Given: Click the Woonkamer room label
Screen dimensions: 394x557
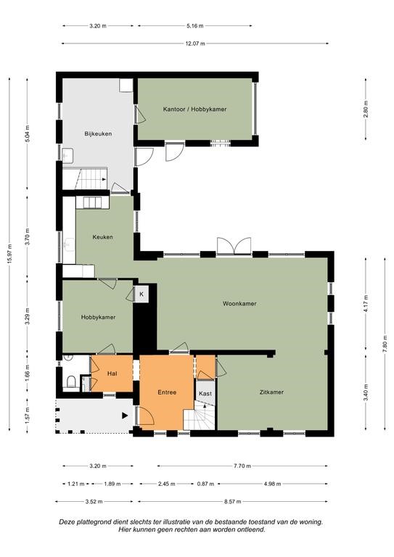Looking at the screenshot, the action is coord(239,304).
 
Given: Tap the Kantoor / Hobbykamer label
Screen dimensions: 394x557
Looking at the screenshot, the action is coord(194,110).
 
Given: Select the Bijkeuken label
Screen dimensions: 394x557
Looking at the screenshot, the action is coord(98,134).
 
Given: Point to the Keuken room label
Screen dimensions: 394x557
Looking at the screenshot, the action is coord(103,237).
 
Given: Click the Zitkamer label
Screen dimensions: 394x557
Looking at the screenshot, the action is coord(271,392).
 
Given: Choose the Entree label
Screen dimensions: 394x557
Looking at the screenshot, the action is coord(167,392).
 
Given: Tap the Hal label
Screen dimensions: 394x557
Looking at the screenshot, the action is coord(112,374).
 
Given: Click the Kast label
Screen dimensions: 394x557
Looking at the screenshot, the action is coord(205,394).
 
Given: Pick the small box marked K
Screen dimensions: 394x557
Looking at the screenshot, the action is coord(141,294).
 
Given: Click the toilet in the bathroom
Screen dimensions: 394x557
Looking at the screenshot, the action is coord(71,381).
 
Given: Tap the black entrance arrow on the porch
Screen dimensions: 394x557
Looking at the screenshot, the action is coord(125,416).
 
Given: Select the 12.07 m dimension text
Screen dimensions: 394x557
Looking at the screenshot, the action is coord(195,44).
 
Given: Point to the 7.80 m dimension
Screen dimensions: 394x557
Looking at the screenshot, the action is coord(385,344).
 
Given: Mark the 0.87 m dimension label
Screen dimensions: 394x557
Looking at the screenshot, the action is coord(205,484).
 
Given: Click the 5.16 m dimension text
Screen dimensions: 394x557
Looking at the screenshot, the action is coord(195,26).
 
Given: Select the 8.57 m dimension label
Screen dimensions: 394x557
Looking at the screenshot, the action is coord(232,502).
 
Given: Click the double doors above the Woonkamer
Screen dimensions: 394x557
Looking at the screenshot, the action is coord(234,246).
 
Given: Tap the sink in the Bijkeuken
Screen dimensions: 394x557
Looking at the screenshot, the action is coord(68,156).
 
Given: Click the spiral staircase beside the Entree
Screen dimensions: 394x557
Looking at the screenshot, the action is coord(200,416).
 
